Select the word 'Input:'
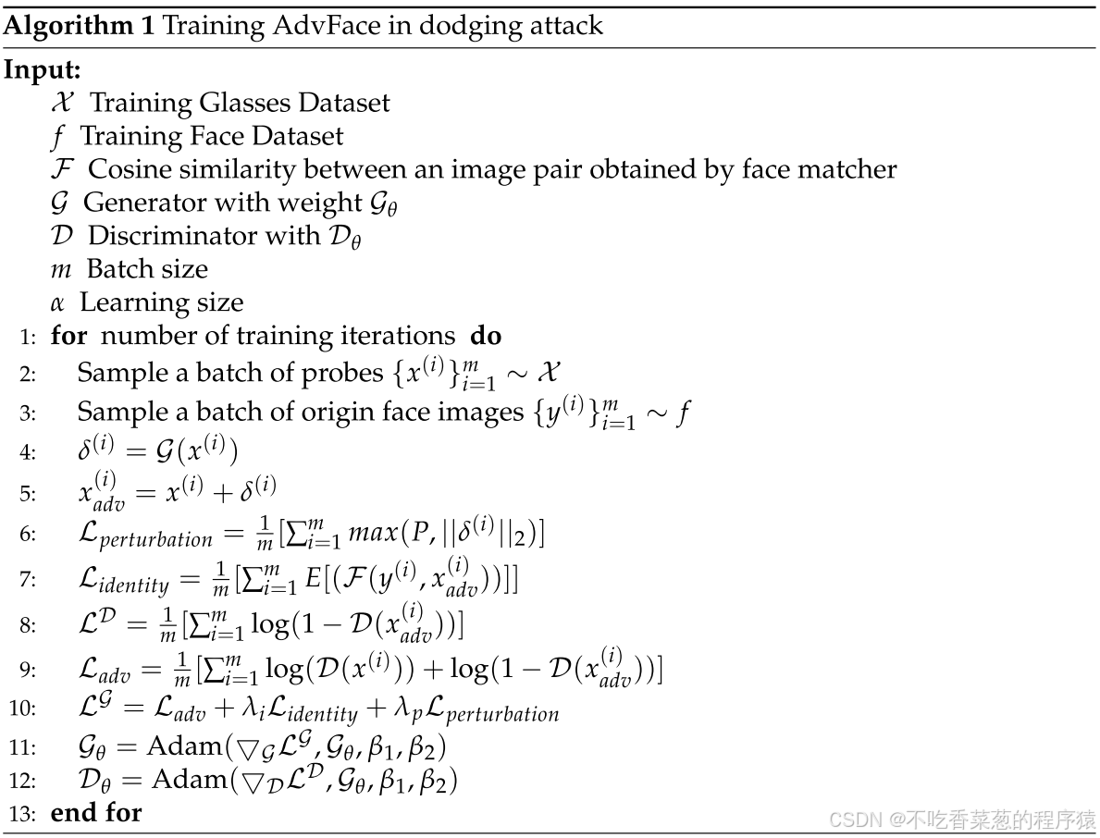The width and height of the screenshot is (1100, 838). [43, 69]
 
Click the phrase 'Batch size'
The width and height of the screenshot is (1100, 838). [147, 269]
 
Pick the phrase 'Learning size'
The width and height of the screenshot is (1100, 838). [161, 302]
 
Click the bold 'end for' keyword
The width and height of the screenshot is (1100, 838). [96, 814]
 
